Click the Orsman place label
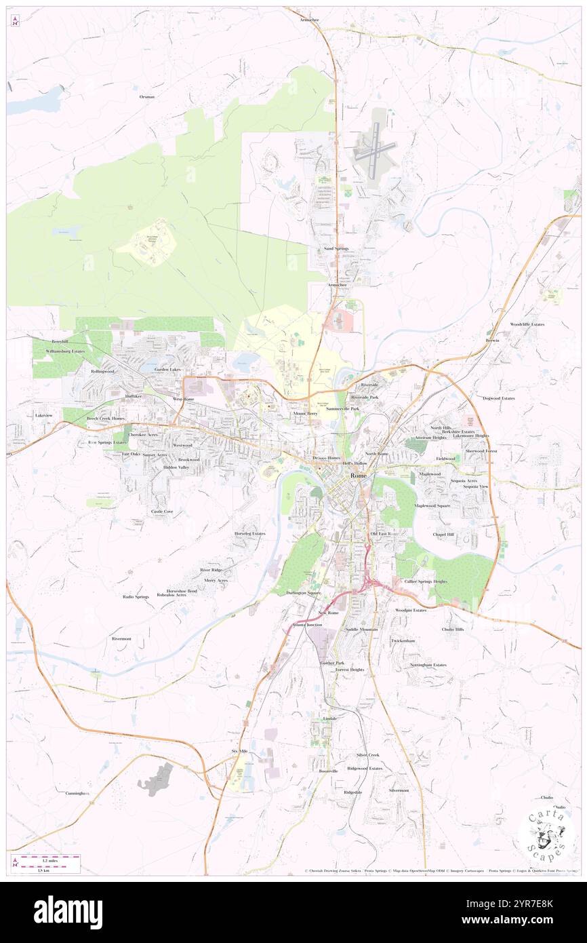click(147, 97)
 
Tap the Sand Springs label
click(336, 249)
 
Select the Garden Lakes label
click(167, 369)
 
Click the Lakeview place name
click(44, 415)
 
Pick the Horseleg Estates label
click(250, 533)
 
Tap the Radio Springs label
click(136, 596)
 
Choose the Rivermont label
click(122, 638)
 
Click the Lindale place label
click(330, 718)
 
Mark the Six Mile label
click(239, 752)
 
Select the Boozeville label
click(329, 771)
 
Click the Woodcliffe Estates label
click(527, 324)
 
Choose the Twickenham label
click(403, 640)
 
